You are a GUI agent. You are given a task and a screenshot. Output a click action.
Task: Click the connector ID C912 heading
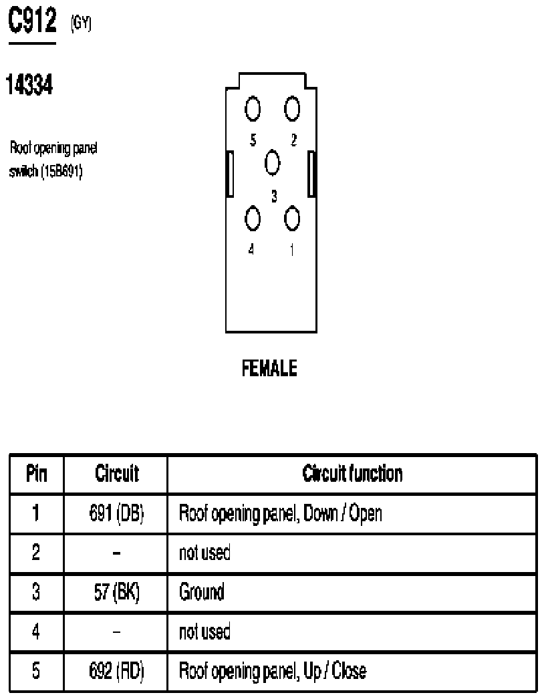[33, 20]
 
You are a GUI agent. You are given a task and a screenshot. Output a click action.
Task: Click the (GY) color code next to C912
[81, 23]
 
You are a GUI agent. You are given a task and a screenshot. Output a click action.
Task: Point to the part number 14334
[29, 85]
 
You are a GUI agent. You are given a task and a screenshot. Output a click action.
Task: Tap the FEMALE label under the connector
[269, 368]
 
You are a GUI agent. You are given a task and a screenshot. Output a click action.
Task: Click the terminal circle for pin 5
[253, 108]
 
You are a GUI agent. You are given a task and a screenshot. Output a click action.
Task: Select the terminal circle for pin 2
[292, 108]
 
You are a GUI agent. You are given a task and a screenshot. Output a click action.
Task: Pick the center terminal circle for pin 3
[273, 162]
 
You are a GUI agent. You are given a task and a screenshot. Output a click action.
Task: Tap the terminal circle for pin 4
[253, 219]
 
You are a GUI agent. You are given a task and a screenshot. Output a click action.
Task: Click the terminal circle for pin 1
[292, 219]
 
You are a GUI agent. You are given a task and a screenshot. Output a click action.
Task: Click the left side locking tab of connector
[230, 174]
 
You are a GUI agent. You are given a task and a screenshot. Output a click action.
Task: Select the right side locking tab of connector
[312, 174]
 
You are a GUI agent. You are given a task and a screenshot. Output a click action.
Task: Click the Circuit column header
[117, 473]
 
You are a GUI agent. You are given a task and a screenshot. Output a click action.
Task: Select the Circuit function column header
[352, 473]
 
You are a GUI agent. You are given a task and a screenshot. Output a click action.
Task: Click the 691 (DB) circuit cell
[116, 513]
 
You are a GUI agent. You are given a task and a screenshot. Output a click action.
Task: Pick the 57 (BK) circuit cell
[116, 592]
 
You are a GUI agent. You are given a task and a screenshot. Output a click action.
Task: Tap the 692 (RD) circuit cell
[116, 671]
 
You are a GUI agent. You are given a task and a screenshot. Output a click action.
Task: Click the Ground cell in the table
[202, 592]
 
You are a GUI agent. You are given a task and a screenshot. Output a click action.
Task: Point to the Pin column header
[37, 473]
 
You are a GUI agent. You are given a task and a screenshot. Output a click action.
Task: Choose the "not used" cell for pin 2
[205, 553]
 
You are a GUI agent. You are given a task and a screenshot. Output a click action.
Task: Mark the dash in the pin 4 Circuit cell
[116, 632]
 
